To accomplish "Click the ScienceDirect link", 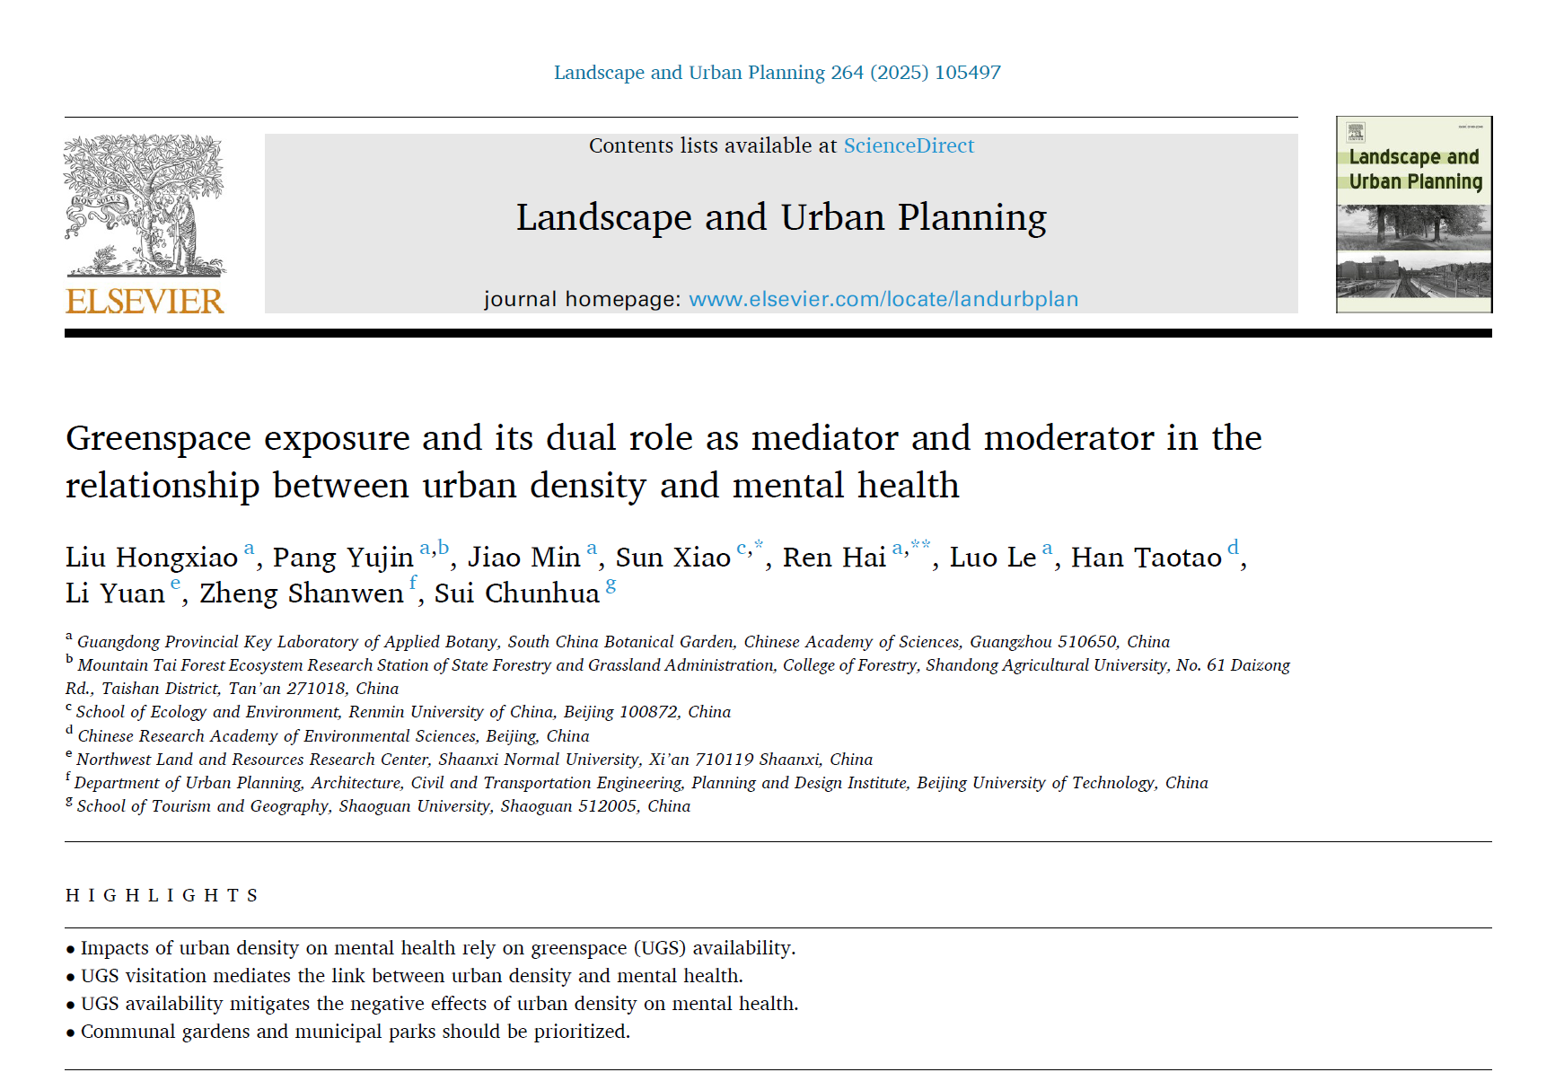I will [909, 145].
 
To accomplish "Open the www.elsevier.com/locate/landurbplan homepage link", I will [883, 299].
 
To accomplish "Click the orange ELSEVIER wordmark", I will [145, 302].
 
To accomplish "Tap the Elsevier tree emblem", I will [145, 205].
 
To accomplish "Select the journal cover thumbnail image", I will [1413, 215].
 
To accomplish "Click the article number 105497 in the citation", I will [967, 73].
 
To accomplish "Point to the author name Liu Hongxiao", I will [151, 558].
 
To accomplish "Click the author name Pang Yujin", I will [343, 558].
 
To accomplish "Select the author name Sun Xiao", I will [673, 558].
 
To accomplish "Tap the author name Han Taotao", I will [1146, 558].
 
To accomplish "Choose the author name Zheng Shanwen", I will [302, 593].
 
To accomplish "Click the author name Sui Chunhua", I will [517, 593].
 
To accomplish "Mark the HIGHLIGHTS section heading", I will [163, 895].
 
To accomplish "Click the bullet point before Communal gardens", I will [70, 1033].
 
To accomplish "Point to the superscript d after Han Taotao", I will [1233, 547].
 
